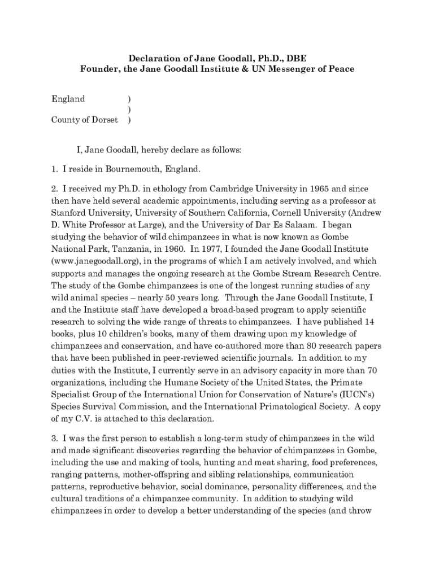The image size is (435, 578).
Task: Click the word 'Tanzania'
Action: click(144, 249)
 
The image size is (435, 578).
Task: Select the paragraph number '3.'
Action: click(55, 439)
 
